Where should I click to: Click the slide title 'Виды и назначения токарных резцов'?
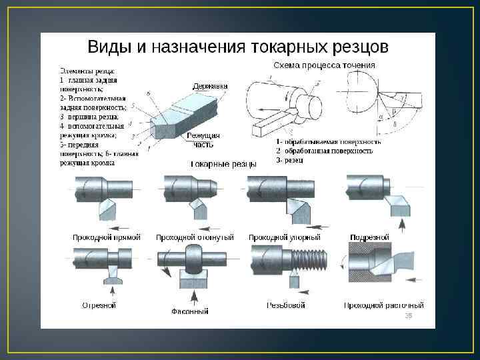pyautogui.click(x=238, y=47)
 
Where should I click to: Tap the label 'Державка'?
pyautogui.click(x=210, y=86)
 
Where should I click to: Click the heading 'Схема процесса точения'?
pyautogui.click(x=324, y=65)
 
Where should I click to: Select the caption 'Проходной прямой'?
pyautogui.click(x=106, y=237)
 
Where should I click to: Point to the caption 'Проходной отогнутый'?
pyautogui.click(x=195, y=237)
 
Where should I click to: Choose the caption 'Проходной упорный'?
pyautogui.click(x=284, y=237)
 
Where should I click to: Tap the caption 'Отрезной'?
pyautogui.click(x=99, y=305)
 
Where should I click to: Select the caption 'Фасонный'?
pyautogui.click(x=189, y=311)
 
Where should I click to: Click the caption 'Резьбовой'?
pyautogui.click(x=285, y=305)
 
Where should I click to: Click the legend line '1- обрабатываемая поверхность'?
pyautogui.click(x=328, y=142)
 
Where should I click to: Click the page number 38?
pyautogui.click(x=409, y=315)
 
